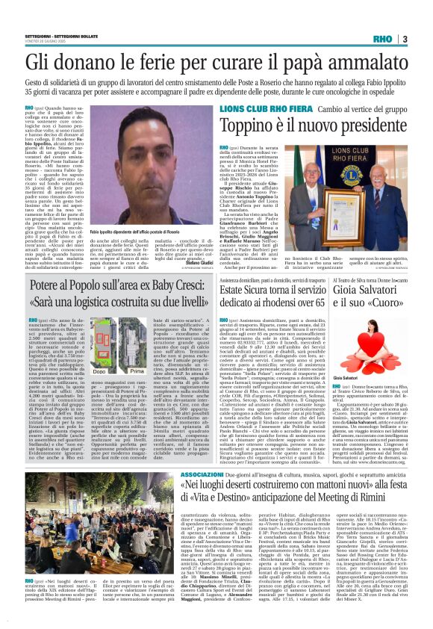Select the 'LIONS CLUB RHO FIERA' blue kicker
tap(235, 108)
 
